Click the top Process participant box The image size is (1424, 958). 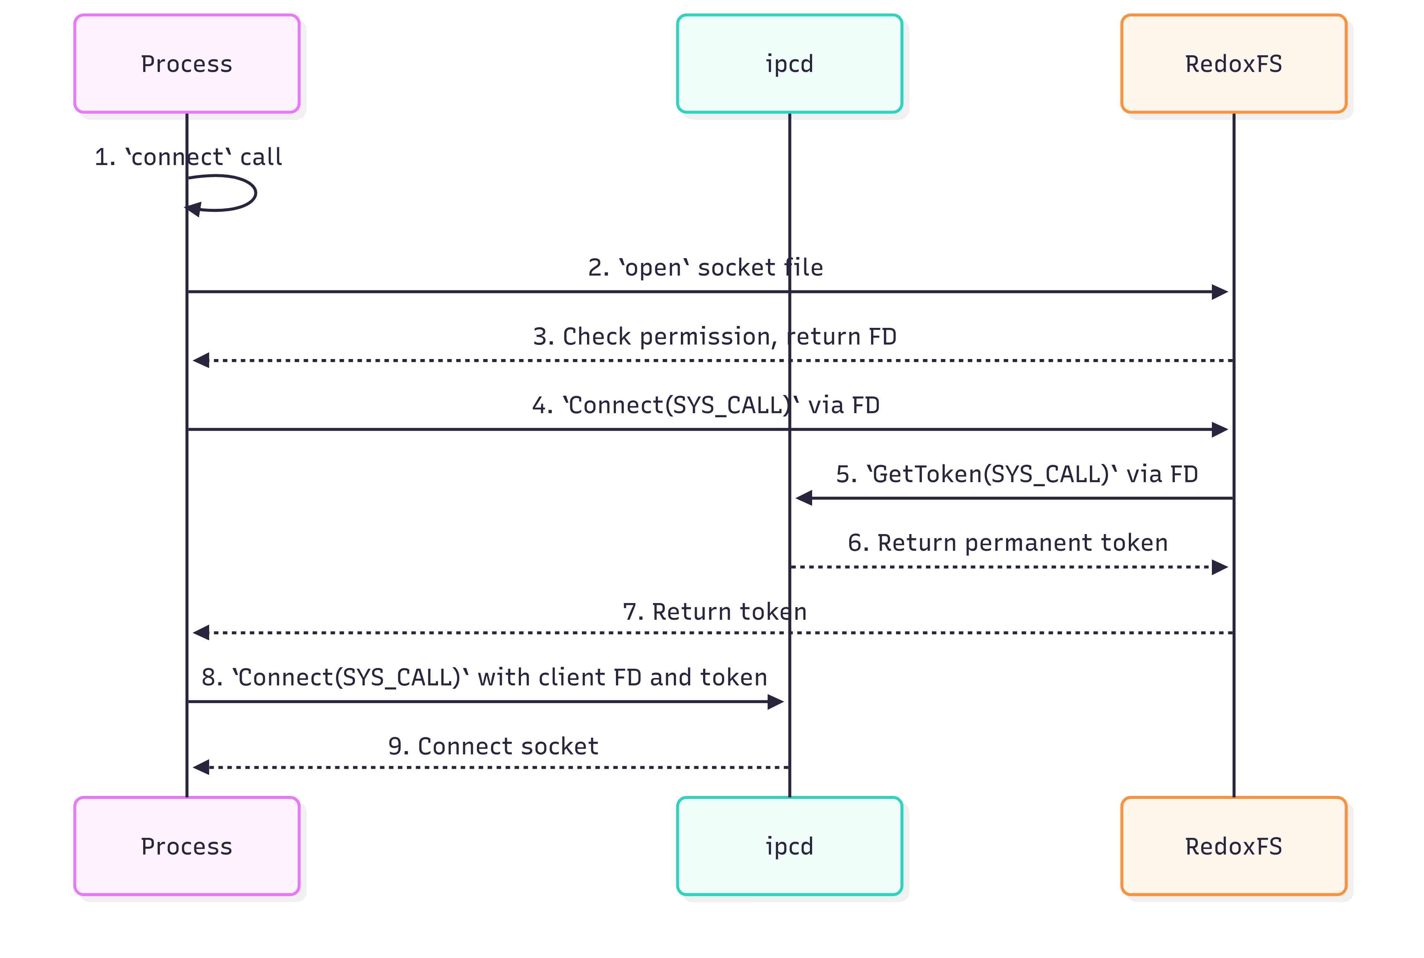point(187,63)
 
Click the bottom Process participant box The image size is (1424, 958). point(187,846)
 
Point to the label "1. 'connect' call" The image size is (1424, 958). point(188,157)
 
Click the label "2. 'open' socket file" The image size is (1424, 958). point(706,268)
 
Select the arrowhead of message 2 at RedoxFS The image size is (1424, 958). point(1220,292)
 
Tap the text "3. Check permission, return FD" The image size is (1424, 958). point(715,337)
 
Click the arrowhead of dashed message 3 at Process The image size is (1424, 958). point(201,361)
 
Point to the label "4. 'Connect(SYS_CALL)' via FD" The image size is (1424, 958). point(706,405)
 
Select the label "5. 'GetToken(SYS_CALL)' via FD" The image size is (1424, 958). point(1017,474)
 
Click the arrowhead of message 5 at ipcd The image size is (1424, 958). point(804,498)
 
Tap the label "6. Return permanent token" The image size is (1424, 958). point(1008,543)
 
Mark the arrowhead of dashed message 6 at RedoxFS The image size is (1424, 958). point(1220,567)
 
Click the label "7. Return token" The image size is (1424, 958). point(715,612)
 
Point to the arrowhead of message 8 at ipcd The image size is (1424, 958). point(776,702)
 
